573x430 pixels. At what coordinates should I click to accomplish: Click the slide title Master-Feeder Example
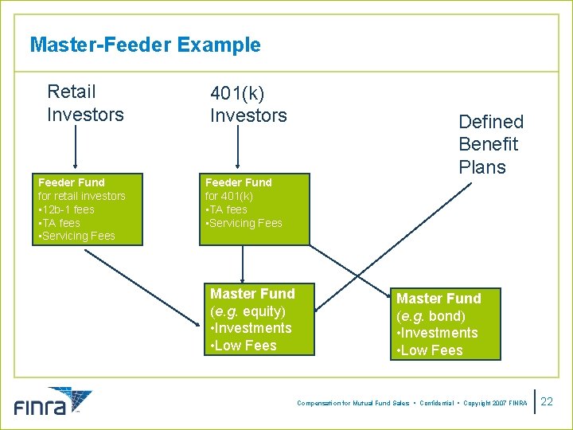pyautogui.click(x=145, y=45)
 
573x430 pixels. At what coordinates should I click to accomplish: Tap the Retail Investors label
pyautogui.click(x=85, y=104)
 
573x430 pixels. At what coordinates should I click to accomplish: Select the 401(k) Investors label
pyautogui.click(x=248, y=104)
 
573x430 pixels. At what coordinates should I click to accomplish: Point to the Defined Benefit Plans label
pyautogui.click(x=491, y=144)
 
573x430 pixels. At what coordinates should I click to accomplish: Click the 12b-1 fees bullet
pyautogui.click(x=67, y=209)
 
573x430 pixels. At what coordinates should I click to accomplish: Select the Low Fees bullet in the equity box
pyautogui.click(x=244, y=346)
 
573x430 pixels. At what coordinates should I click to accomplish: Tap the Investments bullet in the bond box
pyautogui.click(x=438, y=333)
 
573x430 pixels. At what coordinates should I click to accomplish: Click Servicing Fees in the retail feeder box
pyautogui.click(x=77, y=236)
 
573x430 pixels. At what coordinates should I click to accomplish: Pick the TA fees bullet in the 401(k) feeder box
pyautogui.click(x=227, y=209)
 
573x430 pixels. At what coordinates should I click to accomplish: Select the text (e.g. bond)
pyautogui.click(x=431, y=315)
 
